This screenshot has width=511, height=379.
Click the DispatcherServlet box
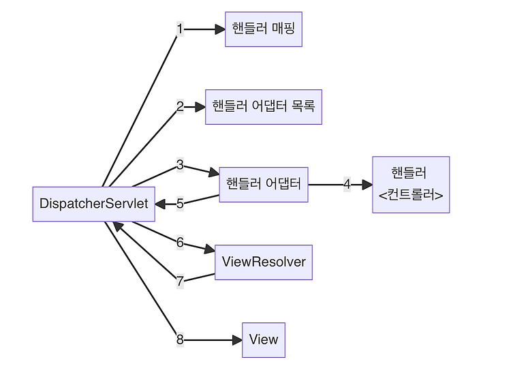(94, 204)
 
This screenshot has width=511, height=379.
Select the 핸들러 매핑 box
(264, 29)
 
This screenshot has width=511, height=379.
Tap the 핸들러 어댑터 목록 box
(264, 107)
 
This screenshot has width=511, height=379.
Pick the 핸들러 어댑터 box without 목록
(264, 185)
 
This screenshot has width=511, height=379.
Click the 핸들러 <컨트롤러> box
(411, 185)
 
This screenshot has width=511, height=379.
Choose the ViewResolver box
(264, 262)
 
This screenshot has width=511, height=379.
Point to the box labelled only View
(264, 340)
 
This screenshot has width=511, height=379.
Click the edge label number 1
(180, 29)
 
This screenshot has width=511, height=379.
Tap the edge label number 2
(180, 106)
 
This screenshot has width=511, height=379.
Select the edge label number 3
(180, 165)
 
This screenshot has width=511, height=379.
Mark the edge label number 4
(347, 184)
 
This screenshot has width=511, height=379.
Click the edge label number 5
(180, 204)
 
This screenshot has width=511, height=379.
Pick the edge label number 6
(180, 243)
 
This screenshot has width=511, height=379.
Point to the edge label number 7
(180, 281)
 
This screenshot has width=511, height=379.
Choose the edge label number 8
(180, 339)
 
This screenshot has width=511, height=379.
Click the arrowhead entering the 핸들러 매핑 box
(220, 29)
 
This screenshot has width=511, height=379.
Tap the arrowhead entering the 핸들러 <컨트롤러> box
(367, 185)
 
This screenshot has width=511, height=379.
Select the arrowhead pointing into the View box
(237, 340)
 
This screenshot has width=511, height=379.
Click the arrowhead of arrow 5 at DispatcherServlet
(160, 204)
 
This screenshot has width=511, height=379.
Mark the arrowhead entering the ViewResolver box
(210, 249)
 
